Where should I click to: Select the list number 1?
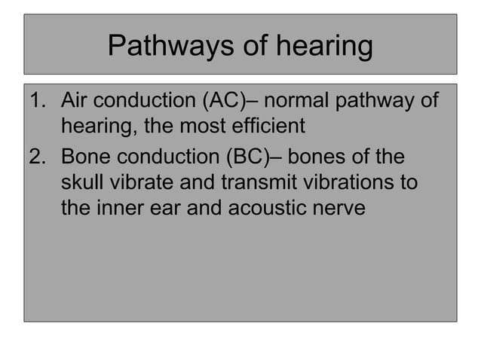(35, 99)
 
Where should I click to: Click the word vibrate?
(142, 182)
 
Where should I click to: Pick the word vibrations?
(353, 182)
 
